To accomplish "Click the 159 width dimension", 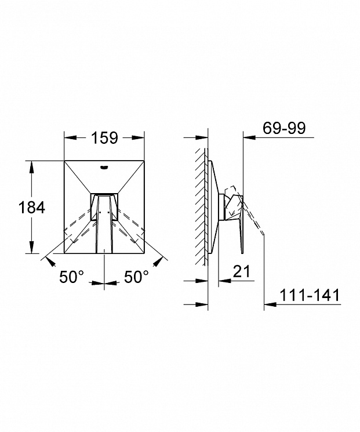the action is [x=104, y=138].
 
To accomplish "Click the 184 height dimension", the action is [x=32, y=207].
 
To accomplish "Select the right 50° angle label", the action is [x=136, y=277].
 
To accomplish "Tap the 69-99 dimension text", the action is [x=284, y=128].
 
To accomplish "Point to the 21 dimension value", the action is [x=242, y=271].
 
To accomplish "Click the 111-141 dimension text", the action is [x=310, y=295].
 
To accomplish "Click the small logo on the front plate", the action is [x=104, y=167].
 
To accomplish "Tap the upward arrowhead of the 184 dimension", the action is [x=32, y=167].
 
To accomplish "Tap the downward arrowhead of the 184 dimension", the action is [x=32, y=247].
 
